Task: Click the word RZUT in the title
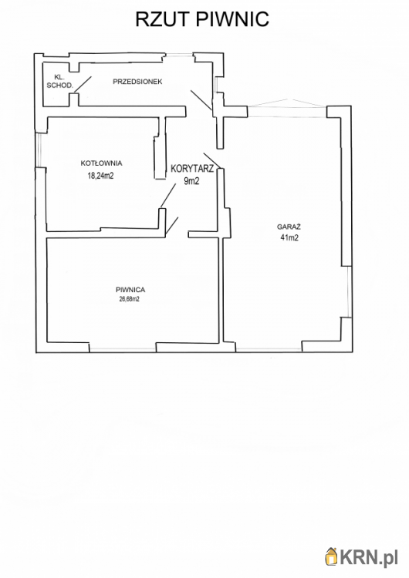click(x=163, y=18)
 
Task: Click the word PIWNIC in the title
click(x=232, y=18)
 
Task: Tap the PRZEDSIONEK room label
click(x=137, y=82)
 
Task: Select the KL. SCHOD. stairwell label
click(x=59, y=81)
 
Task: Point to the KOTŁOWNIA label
click(x=102, y=163)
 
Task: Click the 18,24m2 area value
click(x=100, y=176)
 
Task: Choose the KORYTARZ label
click(x=192, y=169)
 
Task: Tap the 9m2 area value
click(x=191, y=180)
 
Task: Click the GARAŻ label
click(x=289, y=227)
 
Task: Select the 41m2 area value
click(x=289, y=238)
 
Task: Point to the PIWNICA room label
click(x=130, y=290)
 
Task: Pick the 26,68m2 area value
click(x=129, y=299)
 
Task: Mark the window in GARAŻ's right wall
click(x=349, y=291)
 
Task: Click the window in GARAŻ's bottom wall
click(x=269, y=348)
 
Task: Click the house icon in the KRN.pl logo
click(x=332, y=556)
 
